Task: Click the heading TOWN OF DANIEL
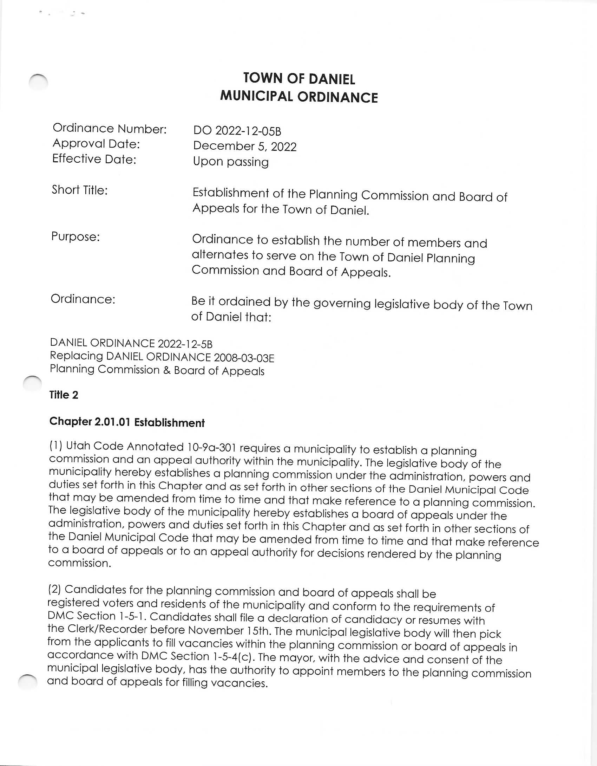point(299,79)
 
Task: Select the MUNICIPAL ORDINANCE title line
point(299,97)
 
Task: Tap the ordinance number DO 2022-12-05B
point(237,131)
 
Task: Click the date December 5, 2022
point(245,146)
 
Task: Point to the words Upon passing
point(231,162)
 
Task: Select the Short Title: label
point(80,190)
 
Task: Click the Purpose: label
point(76,236)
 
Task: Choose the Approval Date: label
point(96,144)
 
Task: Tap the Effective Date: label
point(94,159)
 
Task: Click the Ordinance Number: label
point(110,129)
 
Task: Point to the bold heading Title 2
point(64,395)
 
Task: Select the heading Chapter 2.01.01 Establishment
point(127,422)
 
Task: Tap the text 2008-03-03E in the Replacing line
point(244,358)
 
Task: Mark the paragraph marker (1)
point(55,446)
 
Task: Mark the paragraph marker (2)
point(54,589)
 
